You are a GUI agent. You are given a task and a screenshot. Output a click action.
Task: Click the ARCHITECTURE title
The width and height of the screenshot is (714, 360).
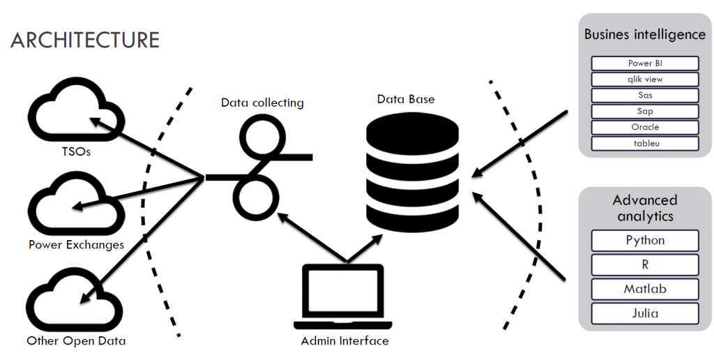pyautogui.click(x=85, y=40)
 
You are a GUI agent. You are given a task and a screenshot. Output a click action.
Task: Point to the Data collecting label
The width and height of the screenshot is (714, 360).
pyautogui.click(x=262, y=103)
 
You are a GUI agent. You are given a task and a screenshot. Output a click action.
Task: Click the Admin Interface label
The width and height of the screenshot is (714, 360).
pyautogui.click(x=344, y=341)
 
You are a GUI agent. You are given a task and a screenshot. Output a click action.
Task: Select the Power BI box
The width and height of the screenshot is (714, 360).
pyautogui.click(x=645, y=63)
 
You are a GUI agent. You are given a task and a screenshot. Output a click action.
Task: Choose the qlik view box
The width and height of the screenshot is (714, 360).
pyautogui.click(x=645, y=80)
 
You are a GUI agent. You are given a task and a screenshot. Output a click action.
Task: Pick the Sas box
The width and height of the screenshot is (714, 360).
pyautogui.click(x=645, y=96)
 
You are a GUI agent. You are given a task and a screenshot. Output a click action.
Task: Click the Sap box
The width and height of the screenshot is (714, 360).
pyautogui.click(x=645, y=112)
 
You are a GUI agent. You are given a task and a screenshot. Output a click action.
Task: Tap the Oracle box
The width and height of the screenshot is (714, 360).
pyautogui.click(x=645, y=128)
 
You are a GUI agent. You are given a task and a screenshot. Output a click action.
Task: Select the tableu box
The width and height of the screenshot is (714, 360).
pyautogui.click(x=645, y=144)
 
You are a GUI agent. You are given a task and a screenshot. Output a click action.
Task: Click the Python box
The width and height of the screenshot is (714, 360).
pyautogui.click(x=645, y=241)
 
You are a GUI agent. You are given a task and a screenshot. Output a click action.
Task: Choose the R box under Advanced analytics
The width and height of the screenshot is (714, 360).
pyautogui.click(x=645, y=265)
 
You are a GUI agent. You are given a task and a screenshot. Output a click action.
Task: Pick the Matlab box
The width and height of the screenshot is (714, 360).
pyautogui.click(x=645, y=289)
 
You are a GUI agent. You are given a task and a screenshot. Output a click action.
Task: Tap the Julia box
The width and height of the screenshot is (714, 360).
pyautogui.click(x=645, y=313)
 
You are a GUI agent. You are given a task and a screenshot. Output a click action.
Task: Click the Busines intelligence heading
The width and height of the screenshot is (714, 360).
pyautogui.click(x=645, y=34)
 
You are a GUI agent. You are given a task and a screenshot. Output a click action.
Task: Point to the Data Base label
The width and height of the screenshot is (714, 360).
pyautogui.click(x=406, y=99)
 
